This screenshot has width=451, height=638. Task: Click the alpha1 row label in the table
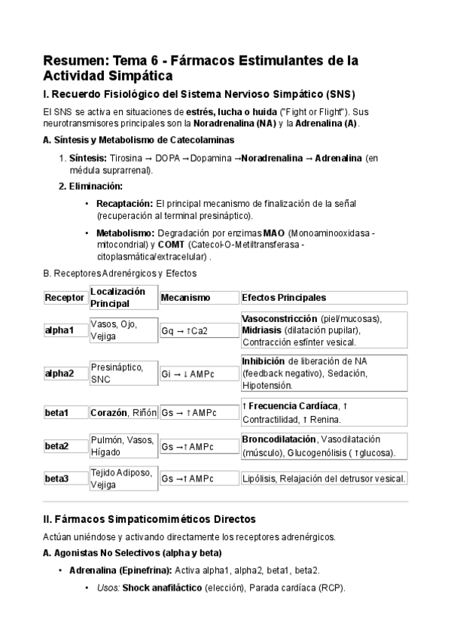point(59,330)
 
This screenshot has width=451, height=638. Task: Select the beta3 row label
point(56,478)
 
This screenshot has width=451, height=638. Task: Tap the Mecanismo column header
point(185,297)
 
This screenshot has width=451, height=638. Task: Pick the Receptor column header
point(65,297)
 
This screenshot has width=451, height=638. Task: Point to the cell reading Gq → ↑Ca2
point(184,330)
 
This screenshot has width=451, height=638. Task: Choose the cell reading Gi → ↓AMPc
point(188,372)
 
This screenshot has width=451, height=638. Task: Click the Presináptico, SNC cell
point(117,372)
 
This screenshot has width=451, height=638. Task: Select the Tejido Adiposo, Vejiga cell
point(122,478)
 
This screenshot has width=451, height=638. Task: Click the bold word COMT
point(171,245)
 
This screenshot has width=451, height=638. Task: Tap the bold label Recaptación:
point(124,203)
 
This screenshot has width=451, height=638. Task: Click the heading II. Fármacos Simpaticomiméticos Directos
point(151,519)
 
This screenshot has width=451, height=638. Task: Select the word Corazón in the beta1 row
point(109,412)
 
